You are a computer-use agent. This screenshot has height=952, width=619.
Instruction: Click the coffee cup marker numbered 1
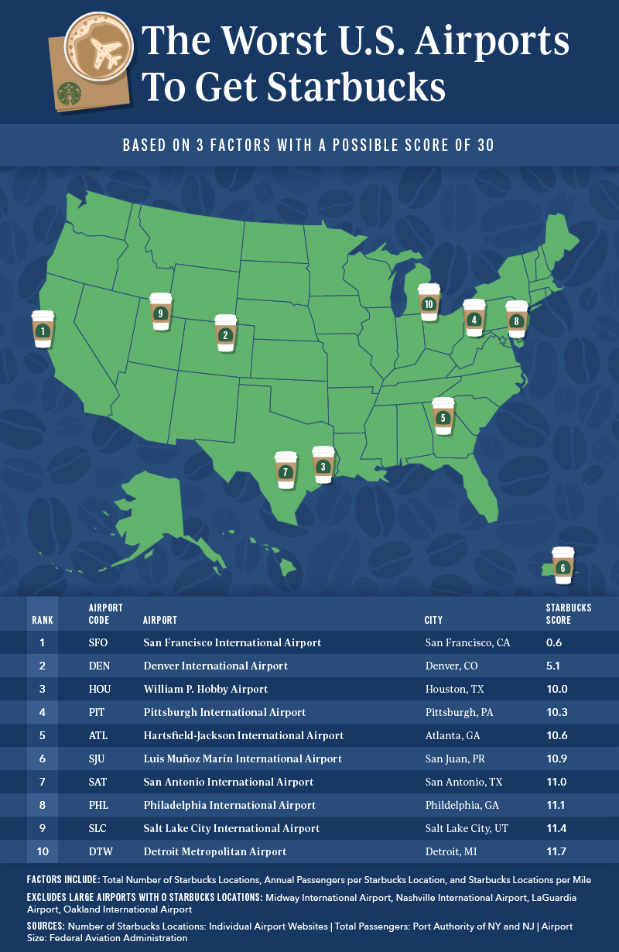[x=43, y=327]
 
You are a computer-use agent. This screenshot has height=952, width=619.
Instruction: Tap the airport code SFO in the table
[x=99, y=642]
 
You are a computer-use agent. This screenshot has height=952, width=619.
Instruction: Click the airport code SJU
[x=99, y=759]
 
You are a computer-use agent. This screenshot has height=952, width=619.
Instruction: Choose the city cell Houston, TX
[x=452, y=689]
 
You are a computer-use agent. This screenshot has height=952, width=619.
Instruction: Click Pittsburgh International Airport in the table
[x=224, y=712]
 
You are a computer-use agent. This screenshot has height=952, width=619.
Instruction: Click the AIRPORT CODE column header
[x=105, y=614]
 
